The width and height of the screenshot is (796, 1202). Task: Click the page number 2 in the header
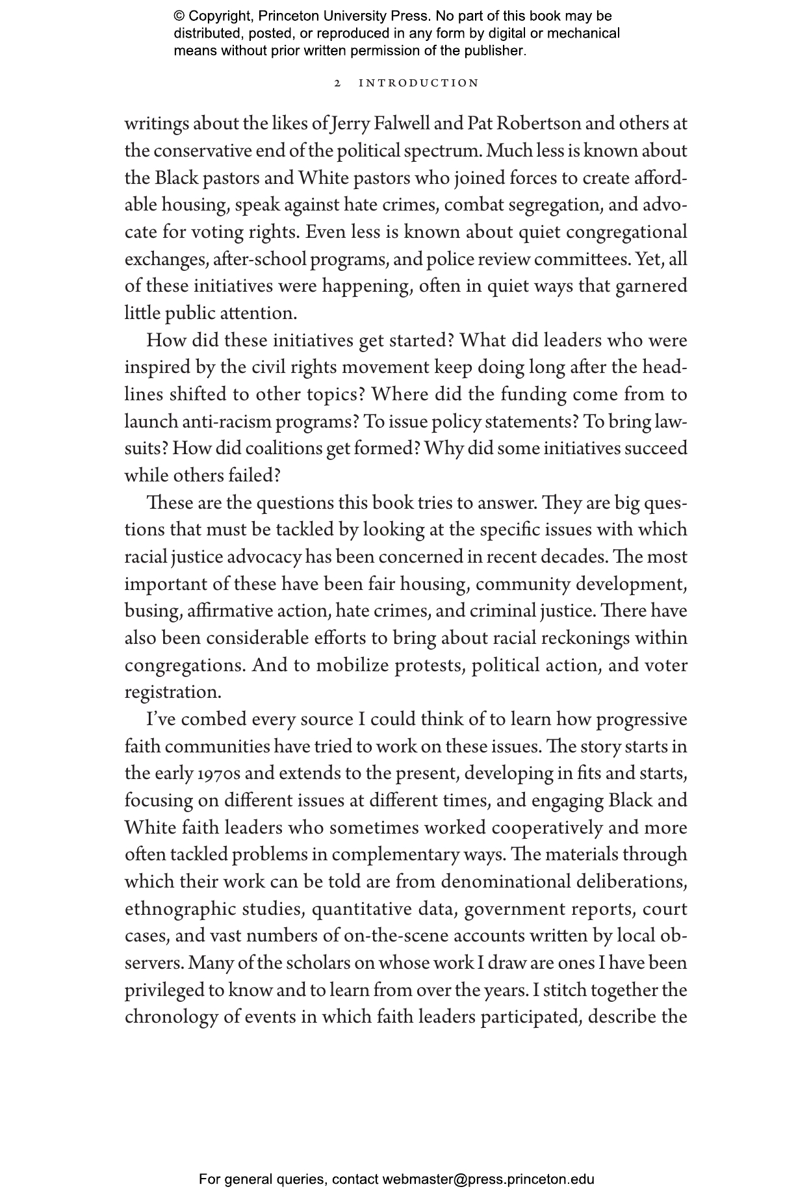click(337, 83)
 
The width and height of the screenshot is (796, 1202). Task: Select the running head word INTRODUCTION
click(419, 83)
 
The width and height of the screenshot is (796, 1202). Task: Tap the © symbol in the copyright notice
click(179, 16)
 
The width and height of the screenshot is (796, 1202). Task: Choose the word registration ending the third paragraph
click(172, 693)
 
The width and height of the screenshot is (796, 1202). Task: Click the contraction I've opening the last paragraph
click(161, 720)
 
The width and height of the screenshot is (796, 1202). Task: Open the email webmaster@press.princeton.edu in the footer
click(488, 1179)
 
